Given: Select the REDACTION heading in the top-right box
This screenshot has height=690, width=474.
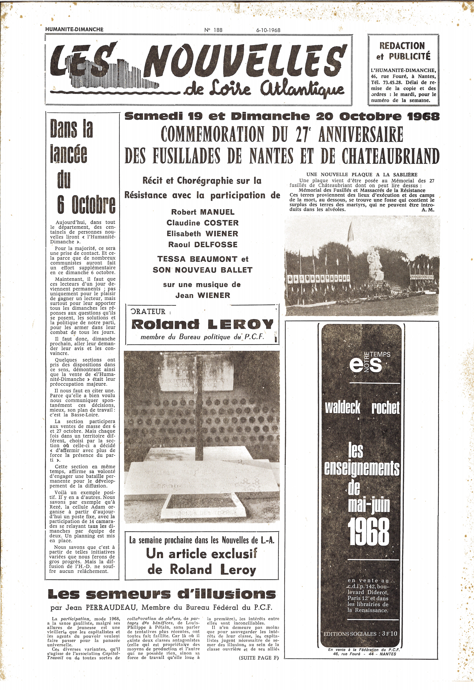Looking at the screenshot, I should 402,46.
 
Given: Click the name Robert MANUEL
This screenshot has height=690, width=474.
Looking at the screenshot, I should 203,212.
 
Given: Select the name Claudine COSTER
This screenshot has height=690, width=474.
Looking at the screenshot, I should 203,223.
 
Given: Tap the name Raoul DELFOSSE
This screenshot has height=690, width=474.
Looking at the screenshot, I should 203,245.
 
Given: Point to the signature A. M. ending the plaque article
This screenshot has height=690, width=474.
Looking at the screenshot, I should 428,209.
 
